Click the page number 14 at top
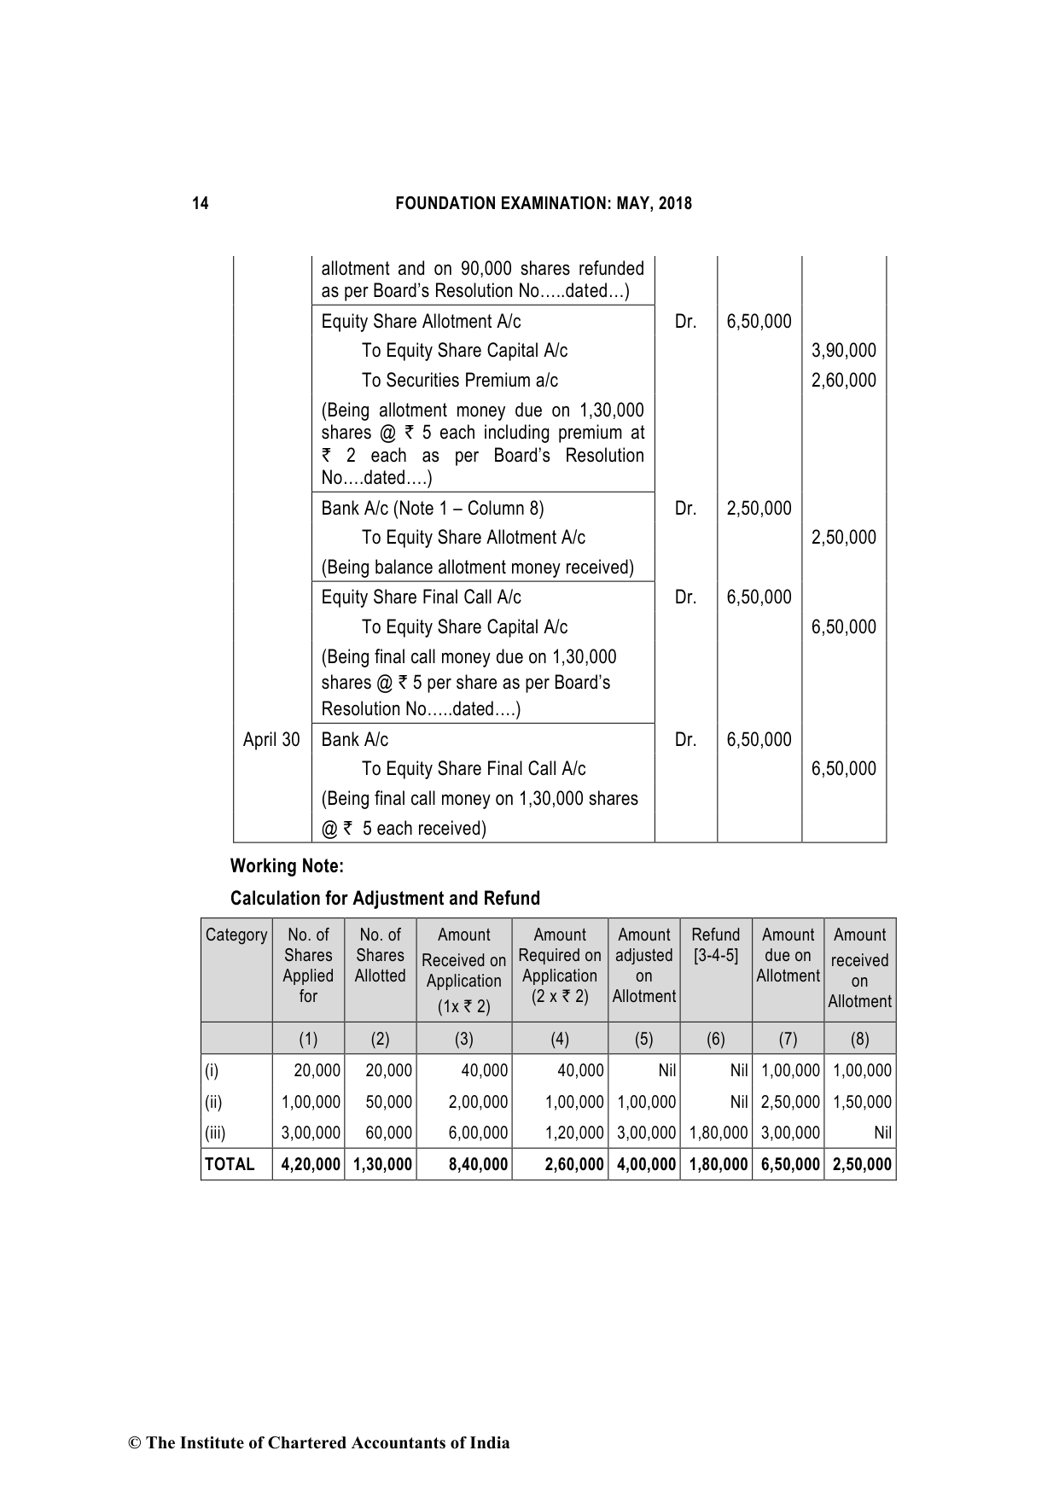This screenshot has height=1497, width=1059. (x=200, y=203)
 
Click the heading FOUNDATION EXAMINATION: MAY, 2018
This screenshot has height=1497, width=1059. (x=544, y=203)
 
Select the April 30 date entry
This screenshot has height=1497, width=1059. (x=271, y=739)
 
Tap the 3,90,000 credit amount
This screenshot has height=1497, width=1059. (x=843, y=351)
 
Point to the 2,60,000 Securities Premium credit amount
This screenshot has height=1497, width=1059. (x=843, y=381)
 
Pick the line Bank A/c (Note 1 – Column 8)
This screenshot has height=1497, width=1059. (x=432, y=509)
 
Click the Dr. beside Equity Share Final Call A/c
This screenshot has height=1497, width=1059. (x=685, y=597)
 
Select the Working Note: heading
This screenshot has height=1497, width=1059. (x=287, y=866)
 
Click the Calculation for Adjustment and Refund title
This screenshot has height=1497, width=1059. (x=385, y=898)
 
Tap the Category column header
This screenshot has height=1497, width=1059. (x=236, y=935)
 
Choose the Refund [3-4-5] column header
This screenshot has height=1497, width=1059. (x=715, y=945)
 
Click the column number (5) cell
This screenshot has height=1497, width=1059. (x=643, y=1039)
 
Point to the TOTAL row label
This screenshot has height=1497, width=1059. (x=230, y=1164)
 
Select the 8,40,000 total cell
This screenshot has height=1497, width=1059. (x=478, y=1164)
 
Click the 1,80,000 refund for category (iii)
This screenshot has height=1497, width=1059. (x=719, y=1133)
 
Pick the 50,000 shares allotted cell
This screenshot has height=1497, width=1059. (x=388, y=1102)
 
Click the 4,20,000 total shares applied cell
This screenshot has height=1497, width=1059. (x=311, y=1164)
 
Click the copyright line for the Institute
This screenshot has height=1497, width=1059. (x=318, y=1442)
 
